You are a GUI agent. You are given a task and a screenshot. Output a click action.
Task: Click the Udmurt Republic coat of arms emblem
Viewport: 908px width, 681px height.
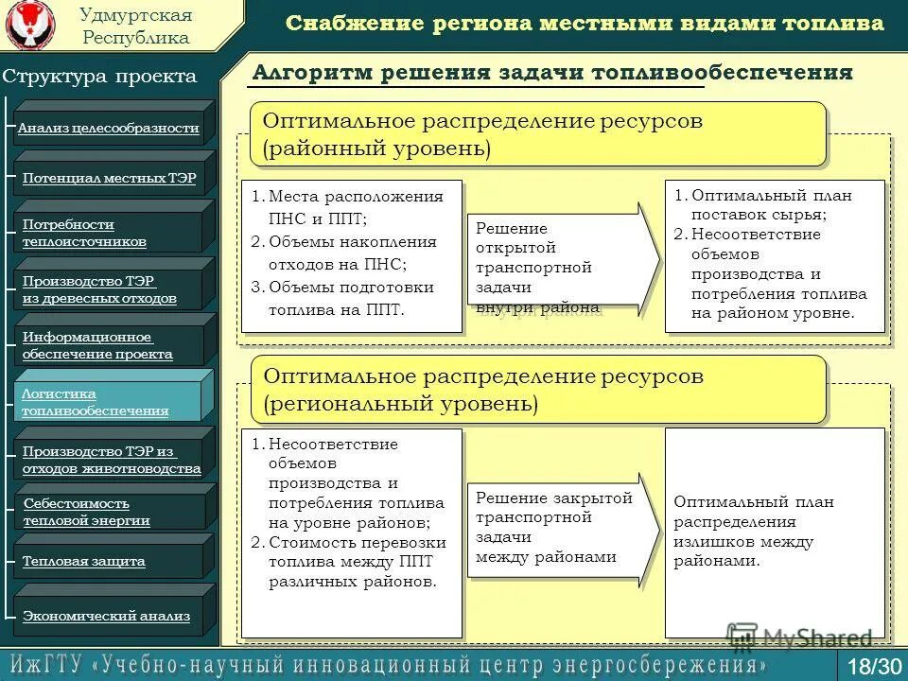(30, 26)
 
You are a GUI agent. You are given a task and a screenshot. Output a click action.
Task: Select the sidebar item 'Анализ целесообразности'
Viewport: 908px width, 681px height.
(109, 128)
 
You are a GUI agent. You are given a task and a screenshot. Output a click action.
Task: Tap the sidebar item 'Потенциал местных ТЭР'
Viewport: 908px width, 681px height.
(109, 178)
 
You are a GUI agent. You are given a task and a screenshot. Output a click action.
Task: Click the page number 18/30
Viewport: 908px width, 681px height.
(875, 665)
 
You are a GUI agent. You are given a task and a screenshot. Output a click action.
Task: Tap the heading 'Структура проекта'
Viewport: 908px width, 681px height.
(99, 77)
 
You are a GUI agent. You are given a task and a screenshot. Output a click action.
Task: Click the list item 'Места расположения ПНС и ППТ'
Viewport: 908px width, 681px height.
(355, 206)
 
